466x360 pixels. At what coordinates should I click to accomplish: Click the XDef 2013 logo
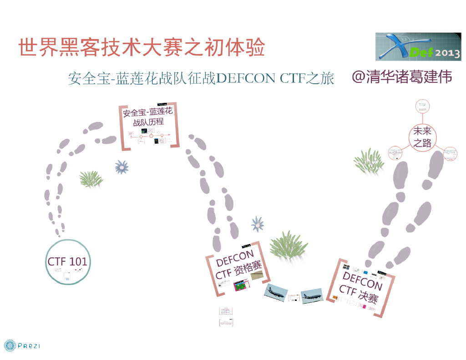click(418, 47)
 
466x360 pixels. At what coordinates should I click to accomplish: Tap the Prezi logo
click(22, 346)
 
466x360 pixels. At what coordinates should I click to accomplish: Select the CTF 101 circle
click(67, 262)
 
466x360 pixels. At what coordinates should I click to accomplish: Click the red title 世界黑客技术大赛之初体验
click(142, 48)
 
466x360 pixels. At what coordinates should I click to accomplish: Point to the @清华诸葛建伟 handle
click(402, 77)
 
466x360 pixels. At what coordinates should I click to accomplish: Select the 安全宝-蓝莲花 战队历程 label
click(148, 116)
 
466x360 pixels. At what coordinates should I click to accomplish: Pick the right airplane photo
click(312, 295)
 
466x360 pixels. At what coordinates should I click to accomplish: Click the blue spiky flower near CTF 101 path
click(122, 167)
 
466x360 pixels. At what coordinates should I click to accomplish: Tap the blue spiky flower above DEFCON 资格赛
click(258, 224)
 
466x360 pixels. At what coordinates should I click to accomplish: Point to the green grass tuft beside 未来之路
click(369, 162)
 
